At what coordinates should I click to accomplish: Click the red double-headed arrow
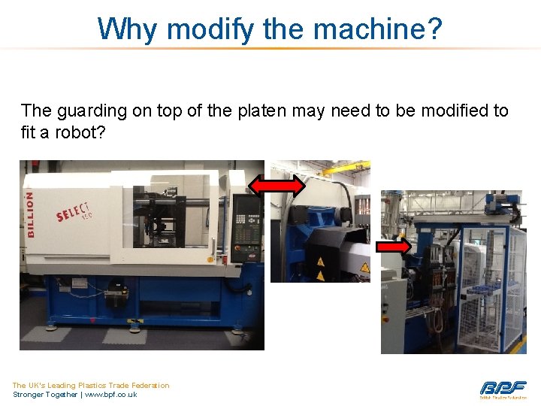point(277,186)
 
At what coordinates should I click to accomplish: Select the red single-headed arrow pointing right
point(392,246)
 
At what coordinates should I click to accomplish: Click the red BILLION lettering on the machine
point(30,214)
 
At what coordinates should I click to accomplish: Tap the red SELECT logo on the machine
point(74,214)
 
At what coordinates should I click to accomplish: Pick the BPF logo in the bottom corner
point(503,389)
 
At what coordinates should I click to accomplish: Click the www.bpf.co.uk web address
point(110,394)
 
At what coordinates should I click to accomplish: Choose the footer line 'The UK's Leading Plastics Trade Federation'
point(91,385)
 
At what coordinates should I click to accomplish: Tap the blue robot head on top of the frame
point(499,201)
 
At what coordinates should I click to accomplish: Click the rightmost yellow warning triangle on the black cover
point(364,268)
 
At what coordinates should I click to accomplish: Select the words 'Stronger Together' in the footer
point(44,394)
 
